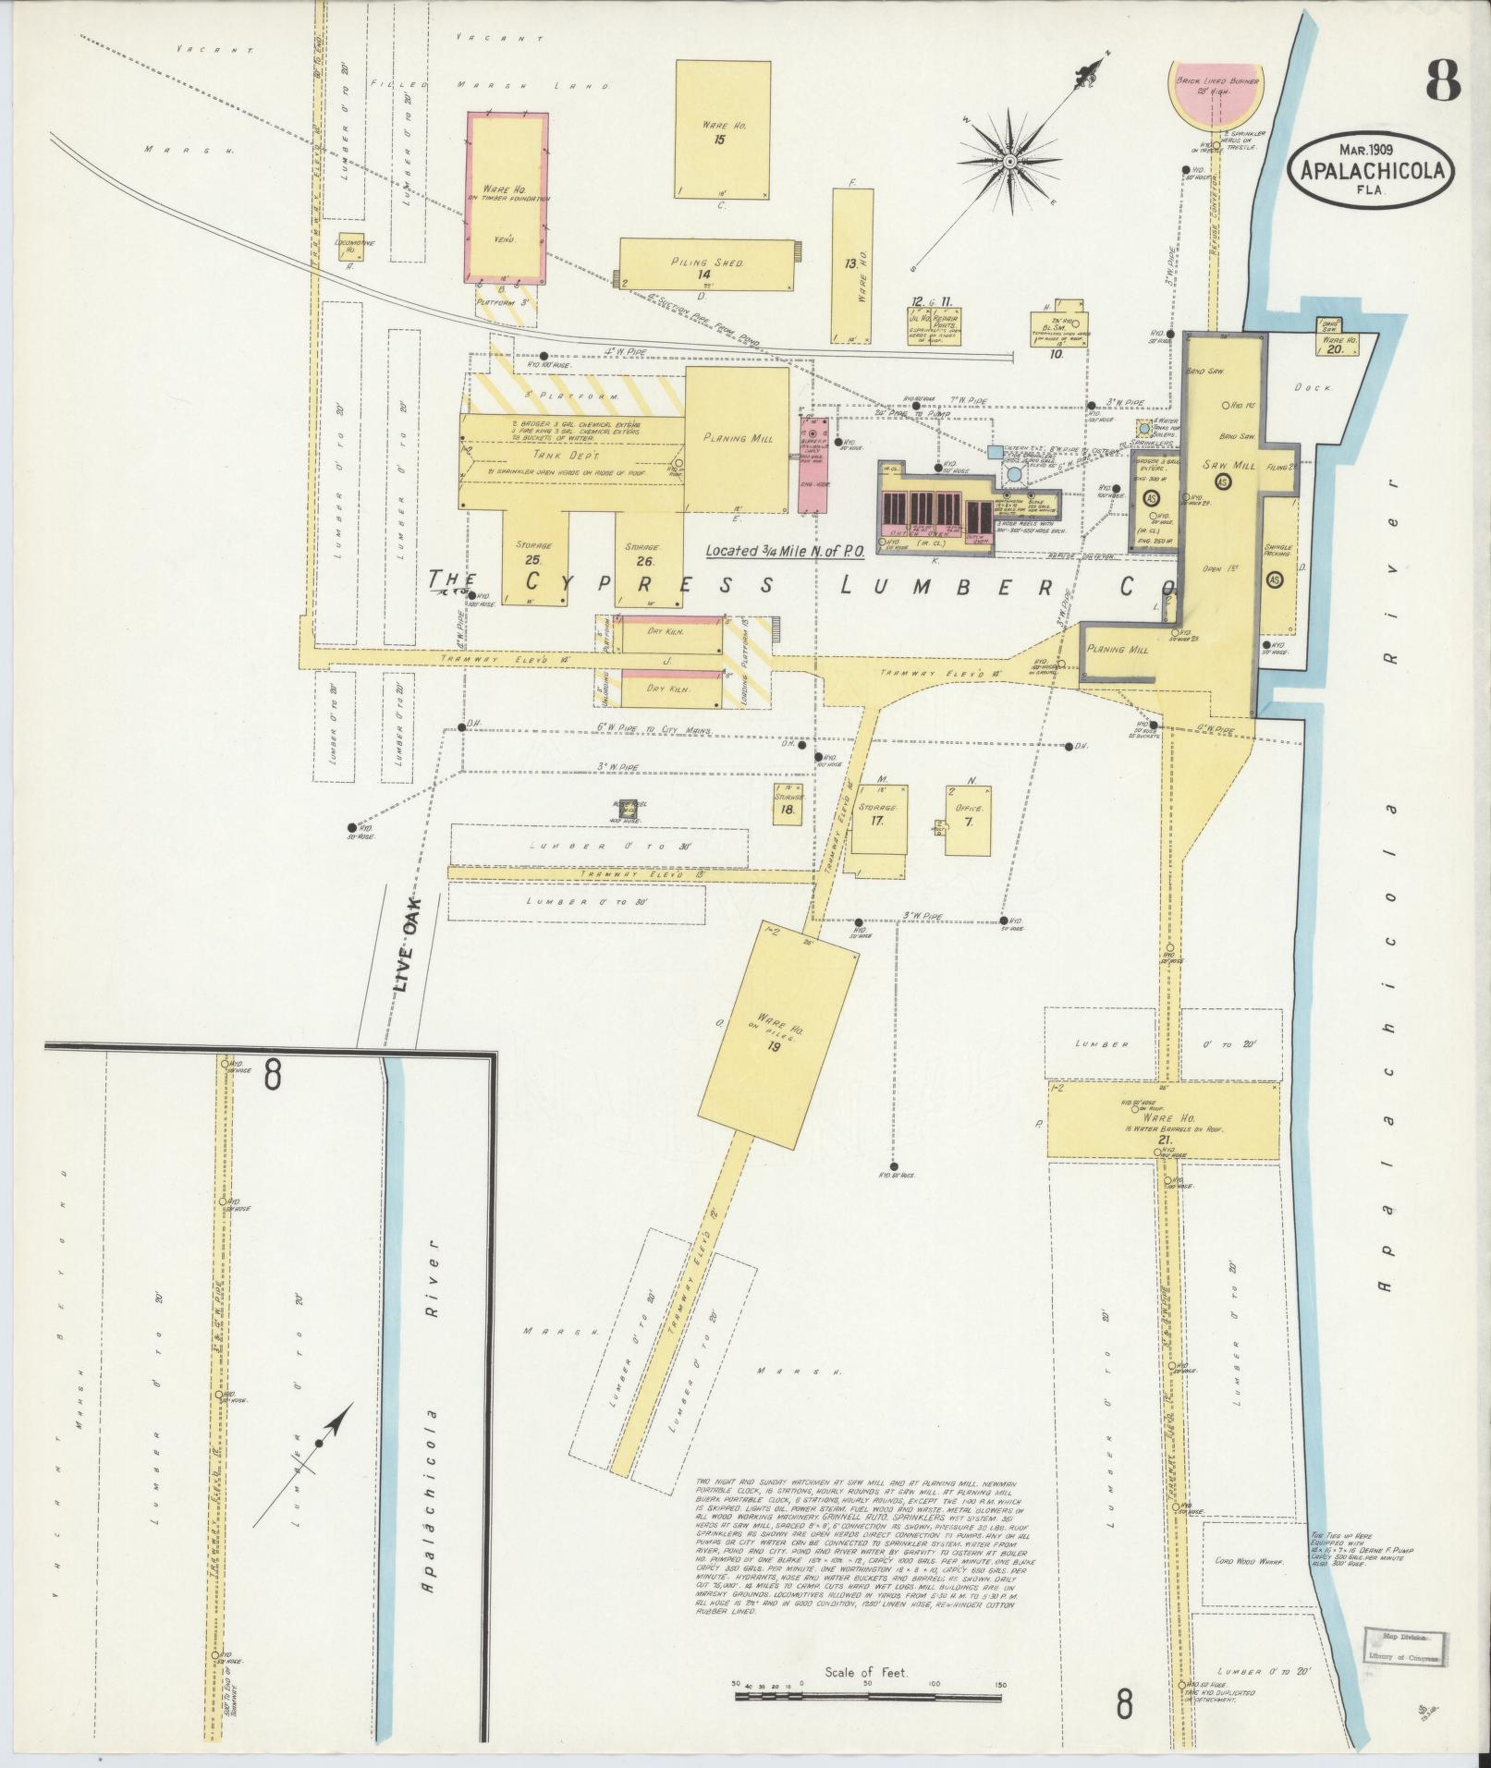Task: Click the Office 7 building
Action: [x=968, y=819]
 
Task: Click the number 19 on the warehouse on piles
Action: [x=774, y=1046]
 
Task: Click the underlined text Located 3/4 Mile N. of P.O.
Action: [x=785, y=551]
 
